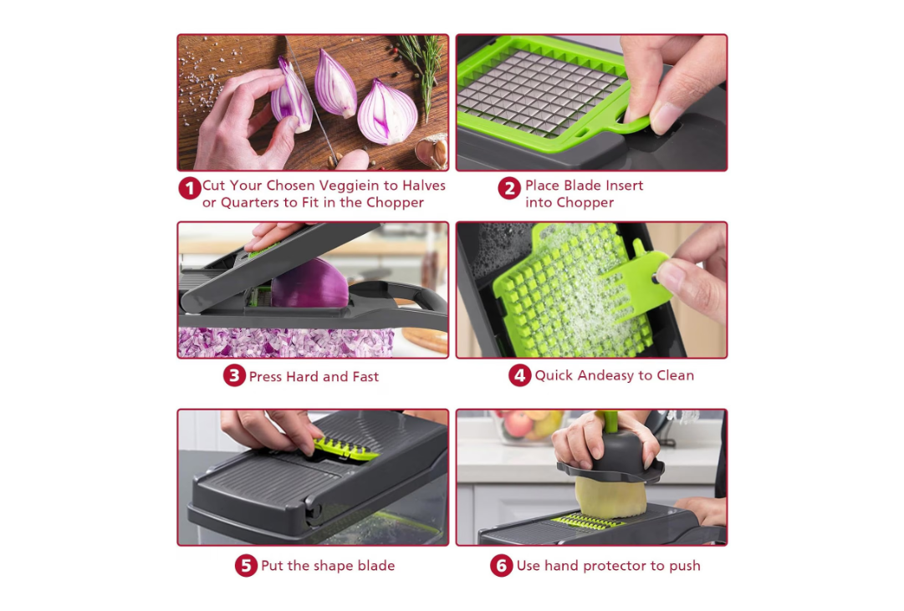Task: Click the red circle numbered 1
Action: [x=190, y=189]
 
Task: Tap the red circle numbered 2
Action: [x=509, y=189]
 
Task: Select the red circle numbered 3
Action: [x=235, y=376]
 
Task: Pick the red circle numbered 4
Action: [x=519, y=375]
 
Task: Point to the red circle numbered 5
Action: [x=246, y=566]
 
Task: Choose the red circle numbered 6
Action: [x=502, y=566]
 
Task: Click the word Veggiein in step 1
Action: [x=350, y=186]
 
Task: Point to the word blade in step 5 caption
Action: [x=375, y=566]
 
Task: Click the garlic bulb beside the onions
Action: [x=432, y=151]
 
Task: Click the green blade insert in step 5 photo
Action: [x=345, y=450]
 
